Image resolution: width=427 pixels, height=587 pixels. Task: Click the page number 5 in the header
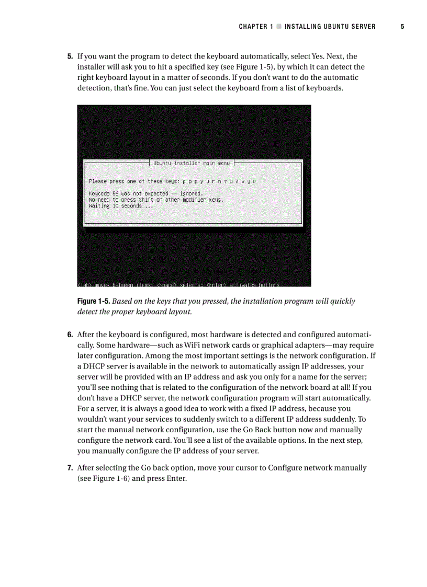point(402,26)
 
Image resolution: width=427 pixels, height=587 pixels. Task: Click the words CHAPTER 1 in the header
point(256,26)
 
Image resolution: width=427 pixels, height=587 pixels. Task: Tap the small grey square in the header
point(279,26)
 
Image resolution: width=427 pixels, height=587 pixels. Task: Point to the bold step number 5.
point(70,56)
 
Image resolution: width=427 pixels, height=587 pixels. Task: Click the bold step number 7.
point(70,468)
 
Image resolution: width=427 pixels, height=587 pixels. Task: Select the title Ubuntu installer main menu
point(192,163)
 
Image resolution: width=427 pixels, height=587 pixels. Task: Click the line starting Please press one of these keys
point(173,181)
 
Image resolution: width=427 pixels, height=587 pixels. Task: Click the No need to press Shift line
point(156,200)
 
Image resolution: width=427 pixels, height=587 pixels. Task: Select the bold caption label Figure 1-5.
point(94,302)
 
